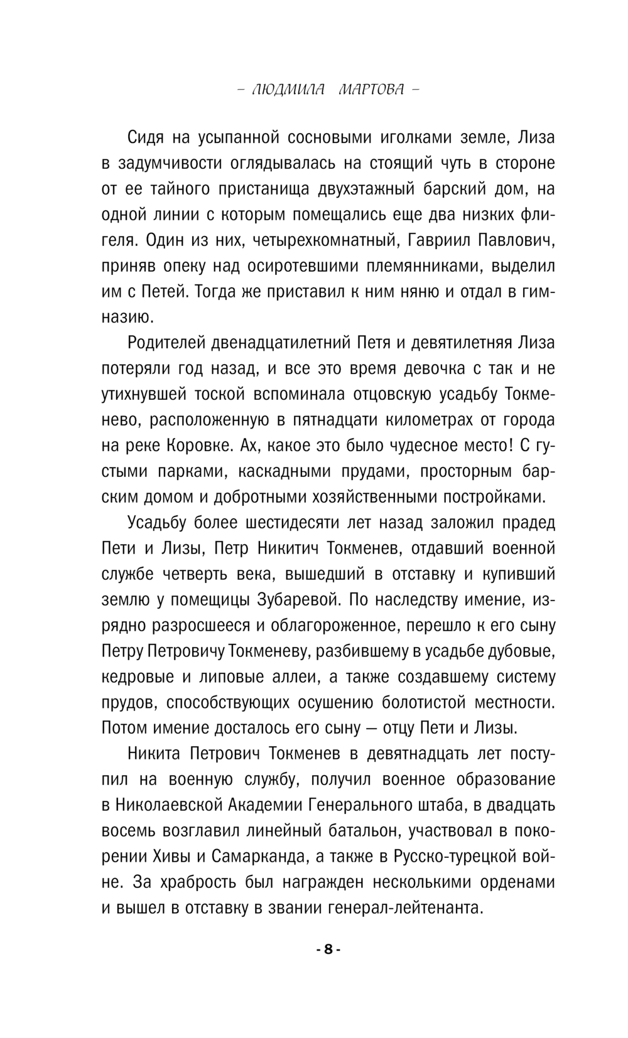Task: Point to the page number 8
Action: click(327, 950)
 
